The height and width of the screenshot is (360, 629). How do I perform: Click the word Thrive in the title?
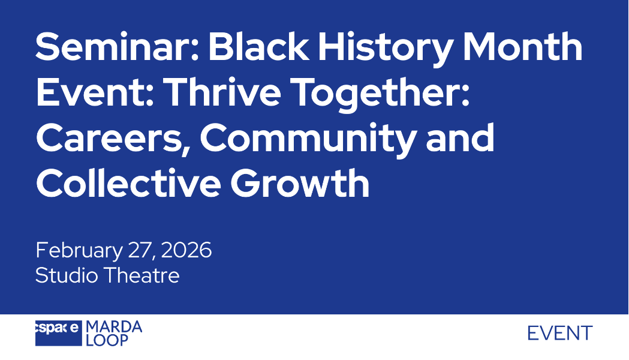click(x=224, y=91)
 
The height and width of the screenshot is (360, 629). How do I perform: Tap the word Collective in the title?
click(x=128, y=182)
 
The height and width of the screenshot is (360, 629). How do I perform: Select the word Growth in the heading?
click(x=300, y=182)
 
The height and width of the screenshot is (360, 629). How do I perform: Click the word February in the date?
click(x=79, y=251)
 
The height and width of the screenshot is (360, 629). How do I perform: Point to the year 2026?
click(x=186, y=250)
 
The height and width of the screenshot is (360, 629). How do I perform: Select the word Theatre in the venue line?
click(x=142, y=275)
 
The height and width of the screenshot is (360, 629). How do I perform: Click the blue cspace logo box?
click(x=59, y=333)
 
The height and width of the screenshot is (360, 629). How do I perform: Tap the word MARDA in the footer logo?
click(x=114, y=326)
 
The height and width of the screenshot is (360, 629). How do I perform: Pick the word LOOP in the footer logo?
click(x=107, y=340)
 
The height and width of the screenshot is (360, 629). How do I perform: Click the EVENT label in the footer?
click(x=560, y=334)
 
